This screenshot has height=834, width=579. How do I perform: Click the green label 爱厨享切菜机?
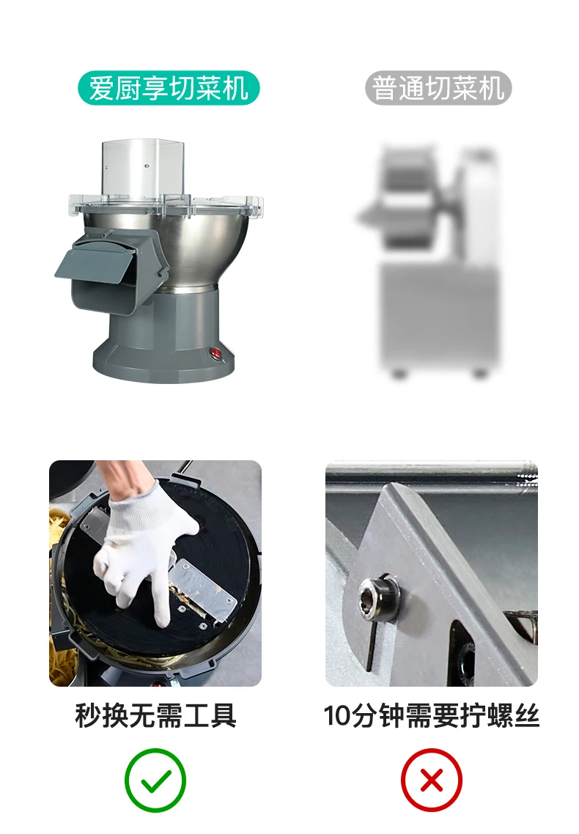(x=169, y=88)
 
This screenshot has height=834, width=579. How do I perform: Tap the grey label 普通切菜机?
(x=438, y=88)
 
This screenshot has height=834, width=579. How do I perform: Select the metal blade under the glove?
(x=204, y=588)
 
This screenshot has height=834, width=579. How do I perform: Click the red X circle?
(x=431, y=781)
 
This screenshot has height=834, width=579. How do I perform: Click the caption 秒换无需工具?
(x=156, y=715)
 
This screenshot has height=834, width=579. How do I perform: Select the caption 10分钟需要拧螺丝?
(x=431, y=715)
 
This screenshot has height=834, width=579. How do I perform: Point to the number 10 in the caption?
(x=336, y=716)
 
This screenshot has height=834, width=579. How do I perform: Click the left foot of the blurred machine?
(x=398, y=374)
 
